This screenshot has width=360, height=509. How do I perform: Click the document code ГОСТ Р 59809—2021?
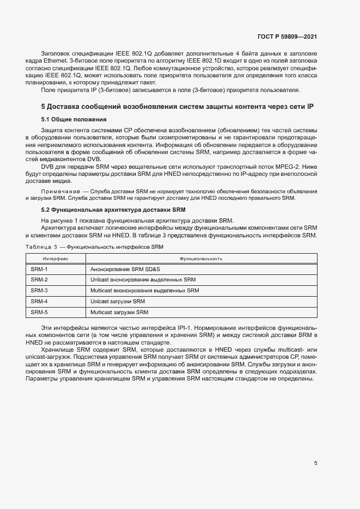tap(287, 36)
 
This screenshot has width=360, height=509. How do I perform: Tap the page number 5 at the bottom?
tap(316, 463)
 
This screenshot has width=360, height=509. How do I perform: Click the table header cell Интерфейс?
tap(56, 259)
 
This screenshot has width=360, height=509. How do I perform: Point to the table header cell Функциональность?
tap(201, 259)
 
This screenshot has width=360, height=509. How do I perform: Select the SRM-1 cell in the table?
tap(39, 269)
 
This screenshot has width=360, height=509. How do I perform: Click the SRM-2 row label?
tap(39, 280)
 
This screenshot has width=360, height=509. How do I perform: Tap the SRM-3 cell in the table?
tap(39, 290)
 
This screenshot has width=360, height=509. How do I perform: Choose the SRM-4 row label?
tap(39, 301)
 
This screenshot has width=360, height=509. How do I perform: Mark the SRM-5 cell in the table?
tap(39, 312)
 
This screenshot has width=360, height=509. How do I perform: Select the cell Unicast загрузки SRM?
tap(118, 301)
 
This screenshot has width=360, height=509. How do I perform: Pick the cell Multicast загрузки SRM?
tap(119, 312)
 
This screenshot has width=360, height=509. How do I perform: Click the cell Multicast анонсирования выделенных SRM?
tap(145, 290)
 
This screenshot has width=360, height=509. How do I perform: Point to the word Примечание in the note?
tap(59, 191)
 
